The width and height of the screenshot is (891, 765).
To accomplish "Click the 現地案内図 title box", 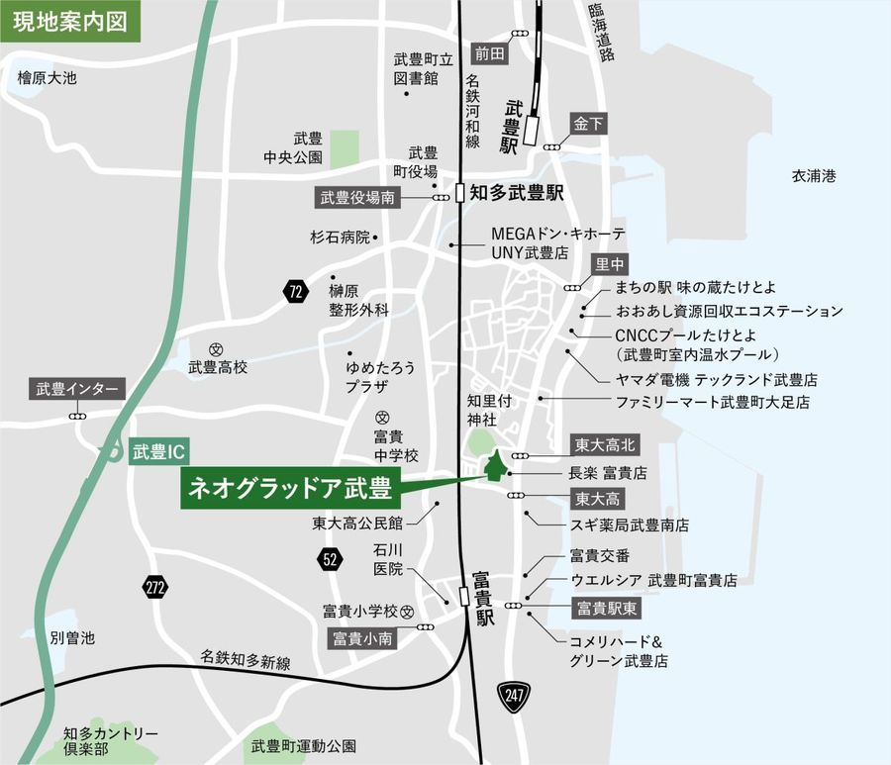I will [69, 21].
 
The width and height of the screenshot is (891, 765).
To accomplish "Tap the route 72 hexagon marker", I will [295, 291].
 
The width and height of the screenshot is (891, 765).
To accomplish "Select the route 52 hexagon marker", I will [331, 560].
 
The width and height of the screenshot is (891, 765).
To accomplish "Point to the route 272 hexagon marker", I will [154, 586].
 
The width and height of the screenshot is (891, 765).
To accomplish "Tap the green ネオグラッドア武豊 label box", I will [288, 489].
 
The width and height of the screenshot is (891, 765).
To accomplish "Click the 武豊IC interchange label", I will [158, 452].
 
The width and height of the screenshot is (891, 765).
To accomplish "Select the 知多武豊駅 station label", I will [516, 193].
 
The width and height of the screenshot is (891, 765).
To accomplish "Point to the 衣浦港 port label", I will [814, 176].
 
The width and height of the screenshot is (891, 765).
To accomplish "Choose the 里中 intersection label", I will [610, 264].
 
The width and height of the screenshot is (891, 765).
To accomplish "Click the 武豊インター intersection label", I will [77, 390].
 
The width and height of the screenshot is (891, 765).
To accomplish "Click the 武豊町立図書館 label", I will [416, 68].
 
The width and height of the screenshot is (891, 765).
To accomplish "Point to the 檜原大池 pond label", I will [47, 76].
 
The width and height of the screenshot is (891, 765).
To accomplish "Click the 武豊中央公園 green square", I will [344, 148].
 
